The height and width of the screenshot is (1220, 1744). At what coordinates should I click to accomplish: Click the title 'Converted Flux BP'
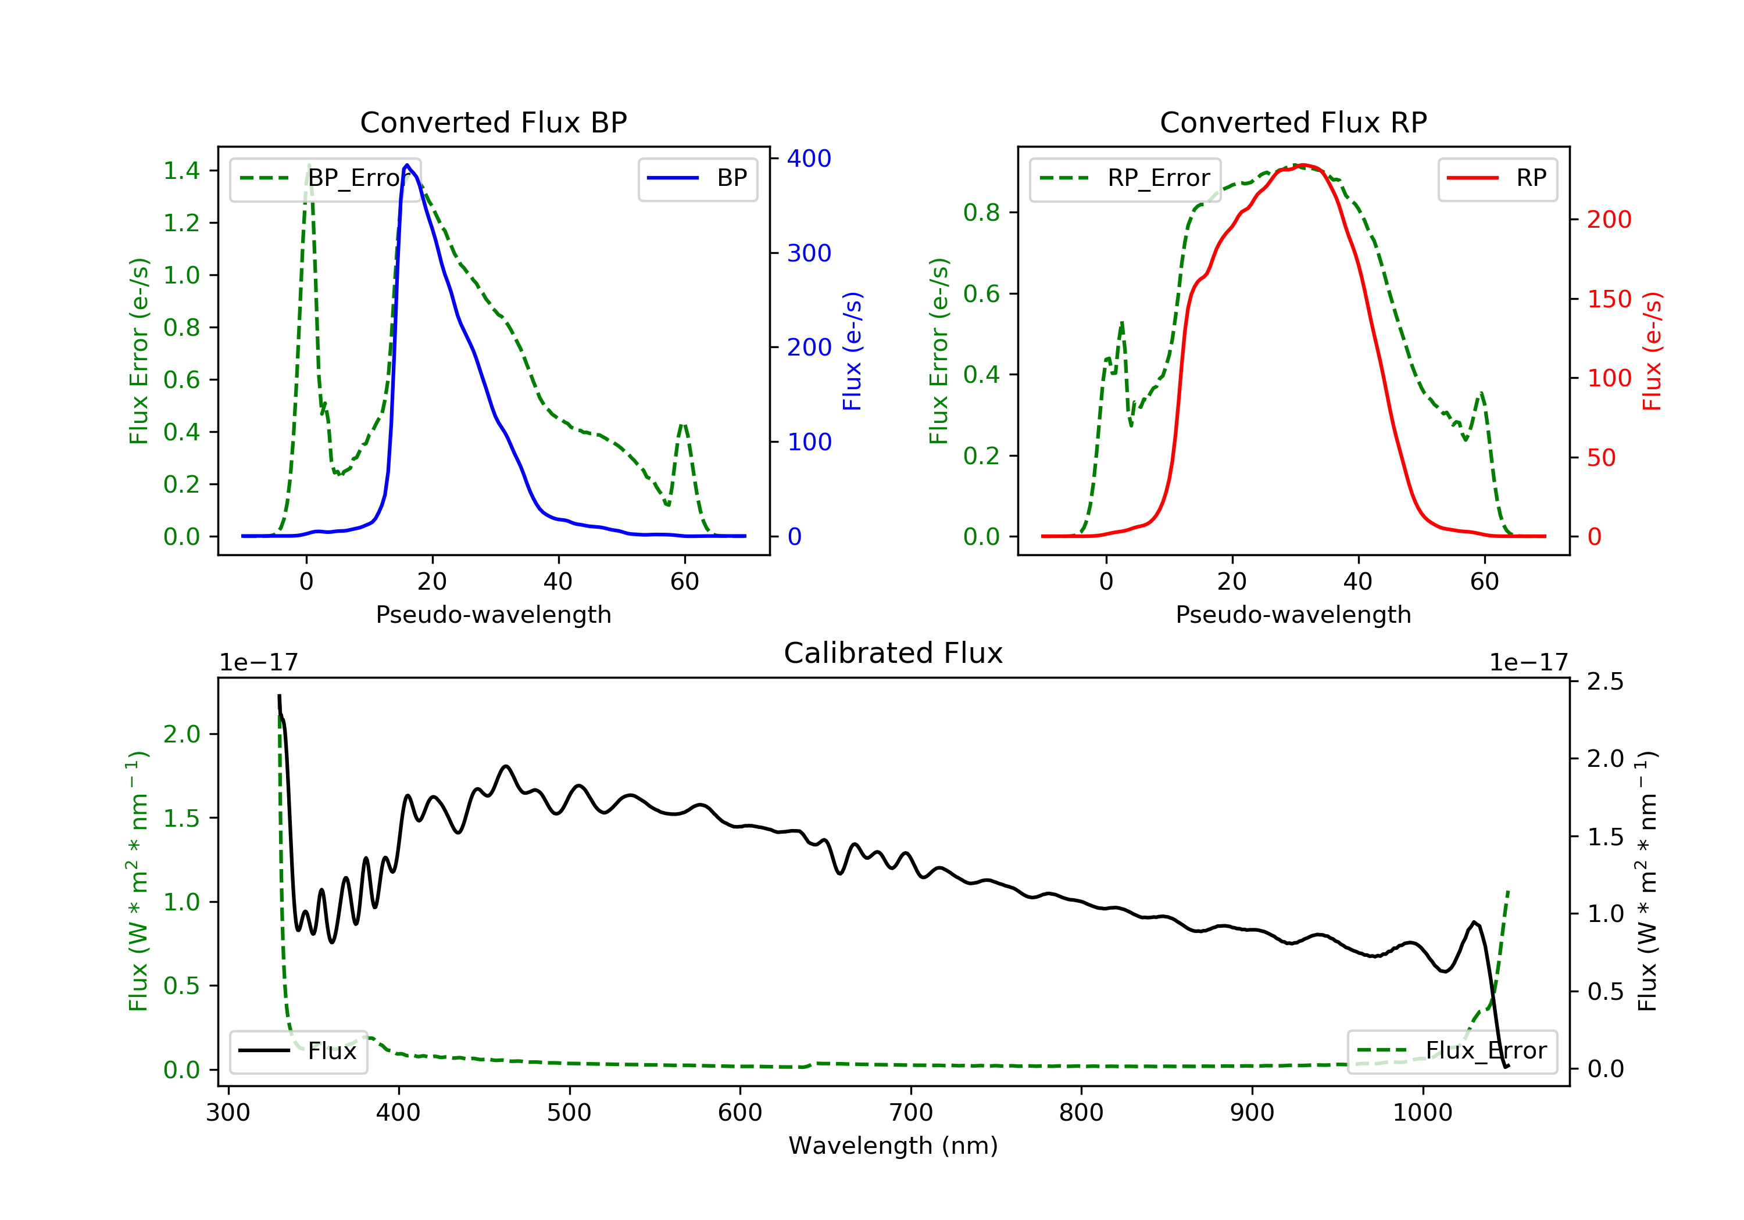(x=493, y=122)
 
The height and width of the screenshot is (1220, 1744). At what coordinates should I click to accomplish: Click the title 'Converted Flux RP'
(x=1293, y=122)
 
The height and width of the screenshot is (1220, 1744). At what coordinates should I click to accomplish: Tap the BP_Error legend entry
(x=325, y=178)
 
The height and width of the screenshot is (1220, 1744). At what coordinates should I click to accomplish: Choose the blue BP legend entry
(x=697, y=178)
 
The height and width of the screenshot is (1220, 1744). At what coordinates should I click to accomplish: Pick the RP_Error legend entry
(x=1125, y=178)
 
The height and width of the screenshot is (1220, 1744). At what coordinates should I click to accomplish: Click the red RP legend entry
(x=1497, y=178)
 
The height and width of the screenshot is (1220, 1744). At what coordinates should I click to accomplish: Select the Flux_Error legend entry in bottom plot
(x=1452, y=1051)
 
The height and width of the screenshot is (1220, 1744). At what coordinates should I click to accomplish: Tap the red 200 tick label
(x=1609, y=220)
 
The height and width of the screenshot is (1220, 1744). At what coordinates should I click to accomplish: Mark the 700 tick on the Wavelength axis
(x=911, y=1113)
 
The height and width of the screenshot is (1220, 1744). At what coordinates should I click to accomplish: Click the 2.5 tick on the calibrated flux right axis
(x=1605, y=681)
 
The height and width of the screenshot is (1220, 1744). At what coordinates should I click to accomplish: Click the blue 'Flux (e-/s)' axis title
(x=852, y=351)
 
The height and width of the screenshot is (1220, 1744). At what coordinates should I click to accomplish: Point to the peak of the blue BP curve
(x=407, y=165)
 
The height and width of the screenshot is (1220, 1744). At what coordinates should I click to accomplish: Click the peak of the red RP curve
(x=1303, y=165)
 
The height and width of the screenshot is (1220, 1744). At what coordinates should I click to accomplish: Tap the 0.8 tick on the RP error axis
(x=981, y=213)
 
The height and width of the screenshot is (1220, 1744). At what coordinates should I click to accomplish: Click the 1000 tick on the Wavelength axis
(x=1422, y=1113)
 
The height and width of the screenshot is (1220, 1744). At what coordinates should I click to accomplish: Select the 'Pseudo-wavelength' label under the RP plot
(x=1293, y=614)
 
